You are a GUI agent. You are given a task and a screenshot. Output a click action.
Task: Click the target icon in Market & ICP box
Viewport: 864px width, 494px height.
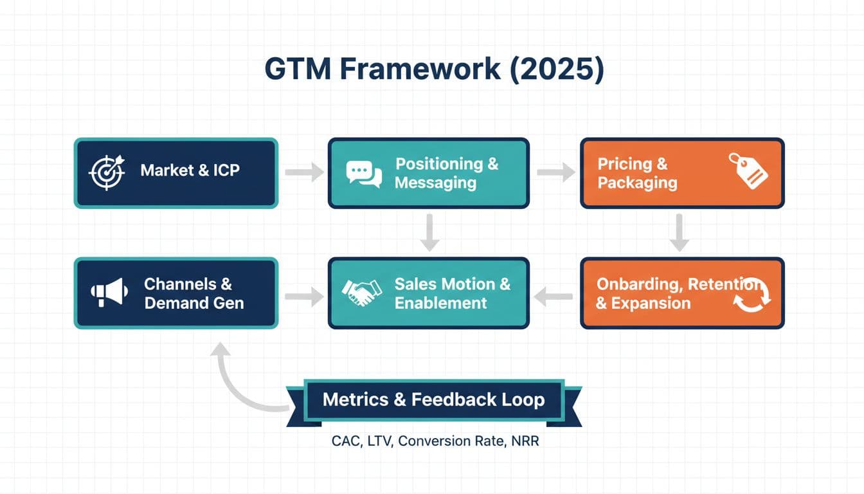(107, 172)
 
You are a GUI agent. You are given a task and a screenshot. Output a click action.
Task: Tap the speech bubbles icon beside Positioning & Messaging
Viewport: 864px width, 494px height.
(364, 173)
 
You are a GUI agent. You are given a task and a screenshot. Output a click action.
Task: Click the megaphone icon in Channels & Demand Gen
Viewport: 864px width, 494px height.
(107, 293)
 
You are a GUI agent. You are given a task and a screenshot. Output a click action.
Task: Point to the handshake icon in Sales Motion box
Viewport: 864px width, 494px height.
(362, 293)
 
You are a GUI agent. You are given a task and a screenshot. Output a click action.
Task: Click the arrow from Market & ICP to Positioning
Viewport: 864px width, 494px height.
(304, 172)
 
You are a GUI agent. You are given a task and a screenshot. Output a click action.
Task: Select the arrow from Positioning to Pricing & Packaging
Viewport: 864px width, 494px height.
(555, 172)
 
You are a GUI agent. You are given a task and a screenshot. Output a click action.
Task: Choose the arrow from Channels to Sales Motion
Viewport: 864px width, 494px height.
(304, 297)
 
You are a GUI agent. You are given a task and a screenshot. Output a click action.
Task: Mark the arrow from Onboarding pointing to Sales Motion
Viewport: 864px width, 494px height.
(554, 297)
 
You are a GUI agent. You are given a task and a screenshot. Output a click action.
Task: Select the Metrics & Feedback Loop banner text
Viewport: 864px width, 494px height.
(433, 399)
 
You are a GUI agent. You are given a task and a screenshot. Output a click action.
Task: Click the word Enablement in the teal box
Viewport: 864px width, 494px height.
(440, 303)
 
